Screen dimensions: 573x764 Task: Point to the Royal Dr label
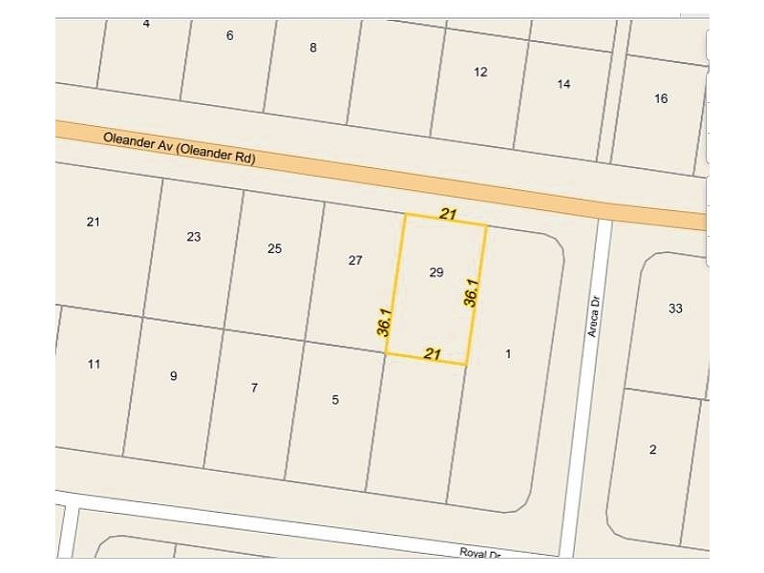tap(480, 553)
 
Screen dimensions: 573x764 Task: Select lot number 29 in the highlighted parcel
tap(436, 272)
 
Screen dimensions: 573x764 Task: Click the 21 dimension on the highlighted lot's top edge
tap(446, 215)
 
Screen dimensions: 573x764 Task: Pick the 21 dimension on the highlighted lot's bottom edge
tap(431, 353)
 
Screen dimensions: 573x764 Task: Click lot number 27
tap(355, 260)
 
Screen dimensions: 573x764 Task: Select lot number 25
tap(274, 248)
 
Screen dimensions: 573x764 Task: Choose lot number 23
tap(194, 237)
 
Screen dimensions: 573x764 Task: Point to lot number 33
tap(675, 308)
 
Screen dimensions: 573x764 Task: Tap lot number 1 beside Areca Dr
tap(508, 354)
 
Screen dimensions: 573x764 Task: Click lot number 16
tap(661, 98)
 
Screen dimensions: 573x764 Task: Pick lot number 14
tap(563, 84)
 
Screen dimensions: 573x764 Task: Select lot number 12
tap(480, 72)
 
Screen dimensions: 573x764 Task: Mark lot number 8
tap(313, 47)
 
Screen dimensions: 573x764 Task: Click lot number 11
tap(94, 364)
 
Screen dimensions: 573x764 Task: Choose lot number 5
tap(335, 400)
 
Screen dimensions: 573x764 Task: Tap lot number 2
tap(652, 450)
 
